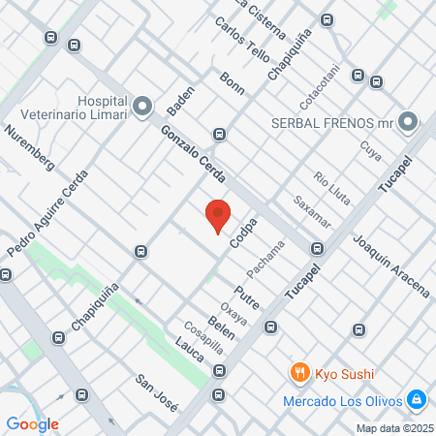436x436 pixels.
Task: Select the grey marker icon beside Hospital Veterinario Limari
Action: [142, 105]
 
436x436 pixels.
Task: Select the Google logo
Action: [33, 423]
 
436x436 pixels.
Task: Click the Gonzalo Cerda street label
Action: [194, 155]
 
